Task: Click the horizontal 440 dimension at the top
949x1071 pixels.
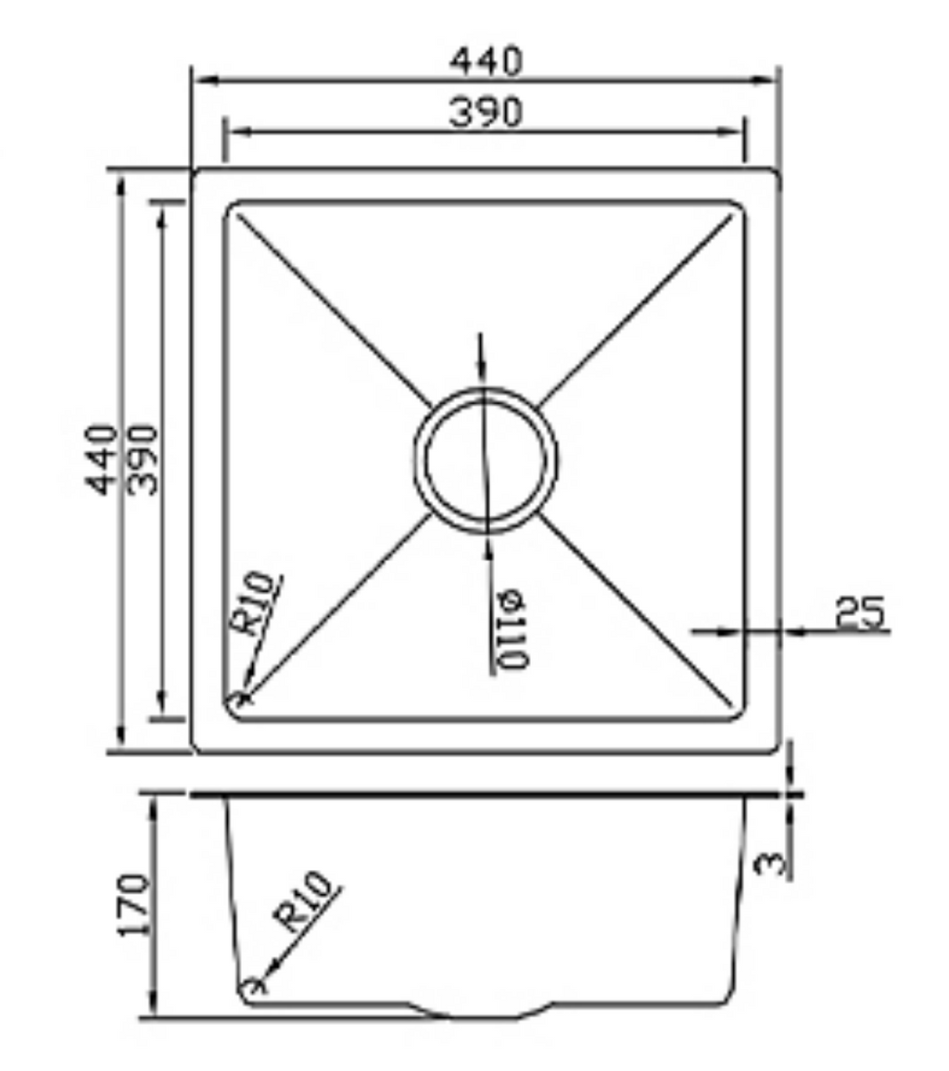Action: [x=486, y=61]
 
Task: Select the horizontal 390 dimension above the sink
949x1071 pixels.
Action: [x=486, y=112]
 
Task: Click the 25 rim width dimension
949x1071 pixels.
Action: [x=859, y=611]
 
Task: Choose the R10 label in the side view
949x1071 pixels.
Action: [x=304, y=901]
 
